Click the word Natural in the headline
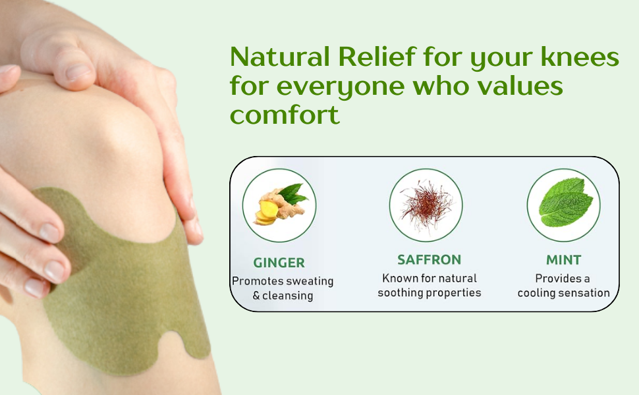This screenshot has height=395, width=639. [x=280, y=57]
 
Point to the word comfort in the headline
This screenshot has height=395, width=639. [x=285, y=114]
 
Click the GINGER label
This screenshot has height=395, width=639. [x=279, y=263]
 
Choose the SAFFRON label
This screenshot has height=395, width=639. [x=429, y=259]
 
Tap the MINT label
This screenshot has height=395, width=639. [x=564, y=259]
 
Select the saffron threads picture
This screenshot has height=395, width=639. [x=426, y=205]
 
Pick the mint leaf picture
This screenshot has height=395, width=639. [x=566, y=203]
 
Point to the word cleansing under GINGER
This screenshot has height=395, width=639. [x=288, y=296]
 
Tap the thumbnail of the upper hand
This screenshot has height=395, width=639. [x=78, y=72]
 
